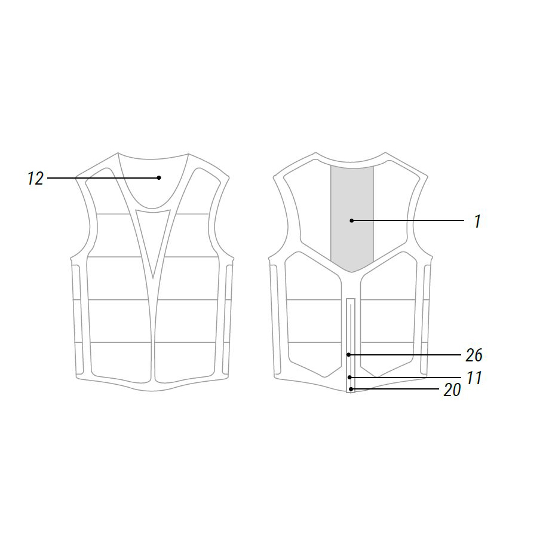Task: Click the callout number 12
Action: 35,179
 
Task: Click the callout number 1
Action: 477,221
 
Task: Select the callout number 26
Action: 474,355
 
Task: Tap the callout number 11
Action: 474,378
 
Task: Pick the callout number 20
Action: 452,389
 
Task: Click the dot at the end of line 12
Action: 159,178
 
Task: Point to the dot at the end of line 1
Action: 351,220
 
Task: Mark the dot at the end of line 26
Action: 349,355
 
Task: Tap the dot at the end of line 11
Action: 349,377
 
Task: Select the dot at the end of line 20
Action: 351,389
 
